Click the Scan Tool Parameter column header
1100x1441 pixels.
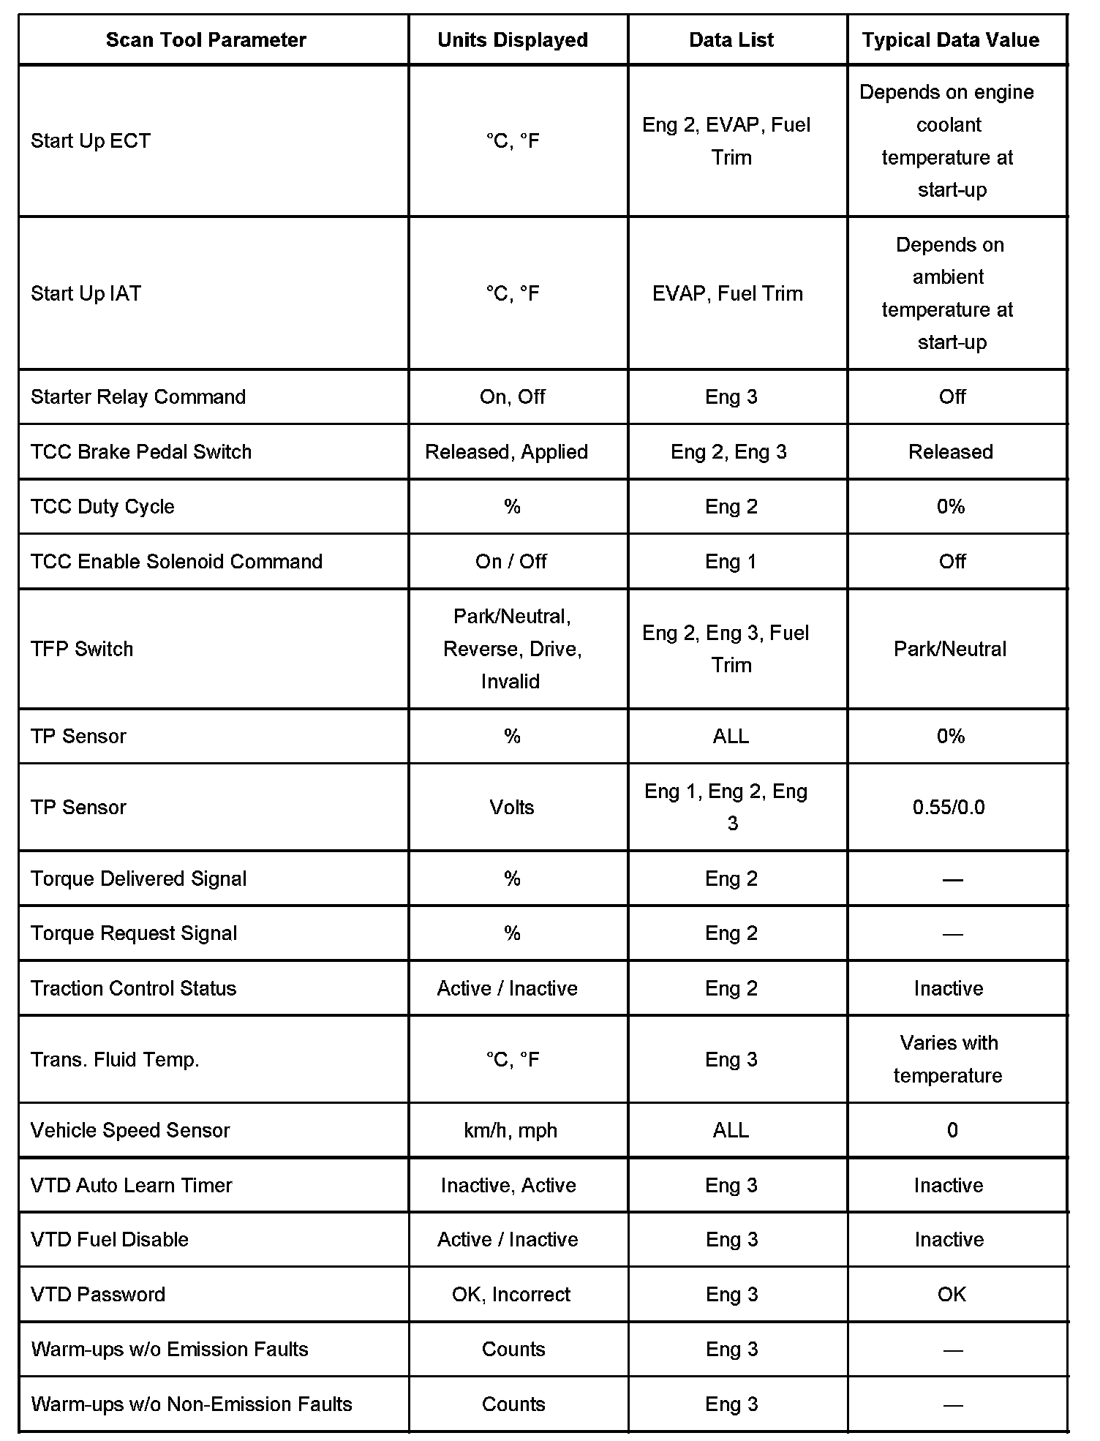coord(206,40)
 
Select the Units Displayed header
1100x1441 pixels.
coord(513,40)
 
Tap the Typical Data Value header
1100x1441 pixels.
coord(950,40)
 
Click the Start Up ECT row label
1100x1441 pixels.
coord(91,141)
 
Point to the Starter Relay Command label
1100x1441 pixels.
coord(138,397)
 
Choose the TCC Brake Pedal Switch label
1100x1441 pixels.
coord(141,452)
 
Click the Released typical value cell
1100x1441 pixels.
coord(950,452)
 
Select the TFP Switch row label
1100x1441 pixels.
coord(82,650)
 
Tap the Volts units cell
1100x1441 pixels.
coord(512,808)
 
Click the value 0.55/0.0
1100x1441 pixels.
coord(949,808)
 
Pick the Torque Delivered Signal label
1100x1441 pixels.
coord(139,878)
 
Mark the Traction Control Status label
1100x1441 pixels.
coord(134,989)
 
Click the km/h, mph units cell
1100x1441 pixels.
coord(511,1131)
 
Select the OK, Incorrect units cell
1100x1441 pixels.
coord(511,1295)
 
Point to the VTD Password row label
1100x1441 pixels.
coord(98,1295)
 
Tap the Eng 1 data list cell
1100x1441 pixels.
coord(731,562)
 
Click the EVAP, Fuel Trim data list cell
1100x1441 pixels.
coord(728,294)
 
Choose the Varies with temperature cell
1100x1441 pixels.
coord(949,1059)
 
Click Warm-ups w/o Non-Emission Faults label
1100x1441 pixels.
coord(192,1404)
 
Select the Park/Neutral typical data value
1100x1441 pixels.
coord(950,650)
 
